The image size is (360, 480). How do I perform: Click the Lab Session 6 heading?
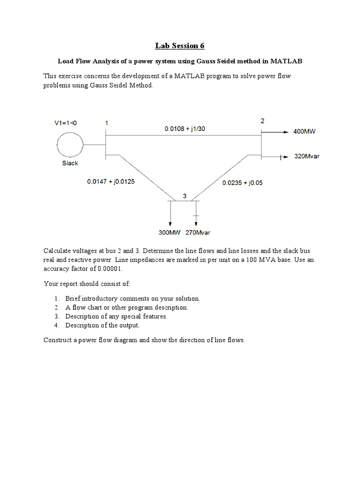180,45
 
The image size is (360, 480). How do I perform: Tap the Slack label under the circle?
70,163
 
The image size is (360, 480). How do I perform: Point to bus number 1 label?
106,123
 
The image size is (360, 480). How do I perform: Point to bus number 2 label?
262,121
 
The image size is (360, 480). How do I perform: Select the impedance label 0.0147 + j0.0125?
111,181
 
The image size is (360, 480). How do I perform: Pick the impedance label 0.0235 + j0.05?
242,183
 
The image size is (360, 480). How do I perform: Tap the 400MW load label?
305,132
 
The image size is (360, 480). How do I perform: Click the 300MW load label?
170,232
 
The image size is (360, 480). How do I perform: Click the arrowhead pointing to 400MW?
285,132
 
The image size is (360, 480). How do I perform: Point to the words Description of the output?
102,325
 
